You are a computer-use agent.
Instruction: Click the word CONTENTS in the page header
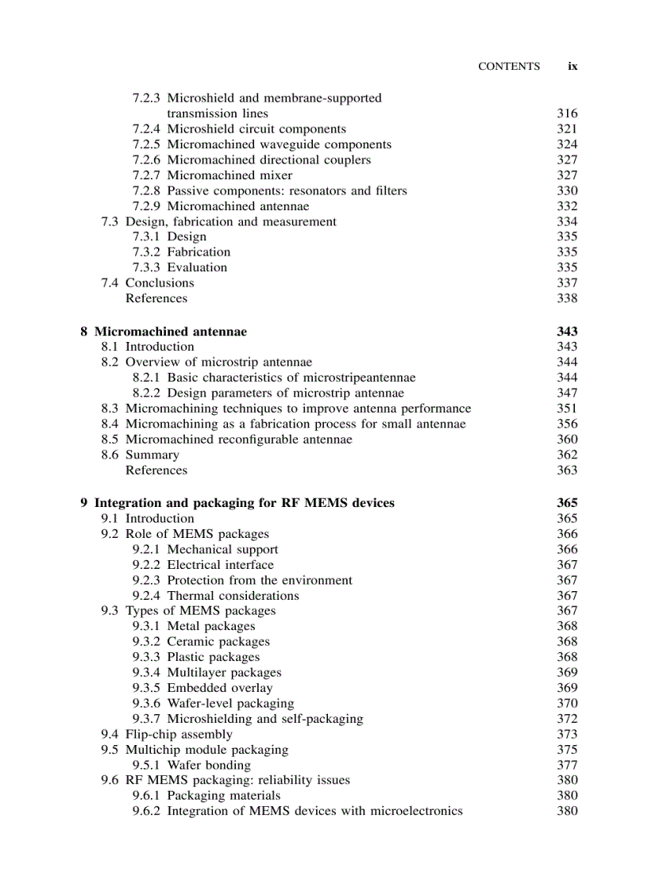508,67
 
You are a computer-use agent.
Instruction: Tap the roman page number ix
572,67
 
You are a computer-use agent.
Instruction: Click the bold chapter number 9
84,503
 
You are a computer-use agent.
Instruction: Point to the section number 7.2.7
146,175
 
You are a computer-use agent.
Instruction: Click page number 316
567,113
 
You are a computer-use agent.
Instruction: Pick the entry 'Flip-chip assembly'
179,735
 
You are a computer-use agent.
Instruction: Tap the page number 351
567,409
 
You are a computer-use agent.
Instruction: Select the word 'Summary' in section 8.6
152,455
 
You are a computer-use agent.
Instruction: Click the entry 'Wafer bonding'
208,766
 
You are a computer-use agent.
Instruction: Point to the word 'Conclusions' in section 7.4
160,283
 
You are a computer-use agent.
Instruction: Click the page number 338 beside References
567,299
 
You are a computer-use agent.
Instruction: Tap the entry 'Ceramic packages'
218,642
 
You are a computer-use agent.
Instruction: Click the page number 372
567,719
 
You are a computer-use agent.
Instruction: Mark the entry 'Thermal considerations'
233,596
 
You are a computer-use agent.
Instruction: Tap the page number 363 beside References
567,470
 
